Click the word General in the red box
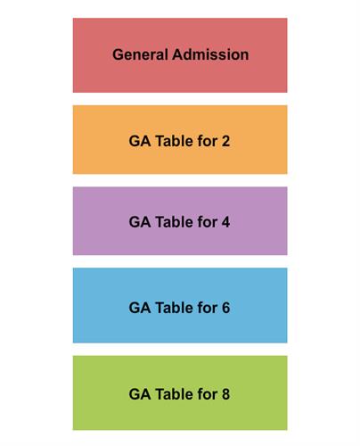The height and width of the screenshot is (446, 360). coord(140,54)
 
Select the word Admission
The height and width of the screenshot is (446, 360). coord(210,54)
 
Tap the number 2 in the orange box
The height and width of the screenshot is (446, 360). coord(225,141)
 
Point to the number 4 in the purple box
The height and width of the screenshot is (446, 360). coord(225,222)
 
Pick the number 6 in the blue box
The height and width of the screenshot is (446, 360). coord(225,308)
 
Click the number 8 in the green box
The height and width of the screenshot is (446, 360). coord(225,394)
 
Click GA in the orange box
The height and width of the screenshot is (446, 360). coord(140,141)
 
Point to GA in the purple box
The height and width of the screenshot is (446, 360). coord(140,222)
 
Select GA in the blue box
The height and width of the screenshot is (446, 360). coord(140,308)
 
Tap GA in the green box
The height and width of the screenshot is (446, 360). coord(140,394)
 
